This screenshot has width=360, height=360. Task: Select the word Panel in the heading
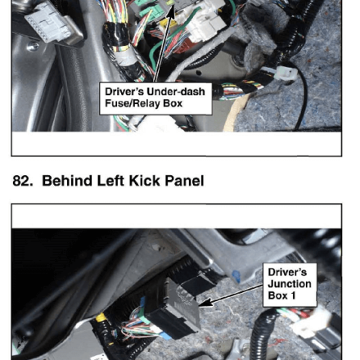click(x=184, y=181)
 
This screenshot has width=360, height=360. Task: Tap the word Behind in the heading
click(x=67, y=181)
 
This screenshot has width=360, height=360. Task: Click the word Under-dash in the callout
click(x=176, y=92)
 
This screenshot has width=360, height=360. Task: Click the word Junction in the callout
click(x=290, y=284)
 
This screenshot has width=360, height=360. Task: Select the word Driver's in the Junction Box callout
click(x=287, y=272)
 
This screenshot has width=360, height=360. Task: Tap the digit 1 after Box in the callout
click(x=293, y=295)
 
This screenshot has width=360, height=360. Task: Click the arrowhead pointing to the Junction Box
click(x=205, y=303)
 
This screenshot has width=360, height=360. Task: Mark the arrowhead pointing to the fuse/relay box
click(x=171, y=12)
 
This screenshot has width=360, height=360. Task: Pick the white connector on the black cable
click(x=286, y=74)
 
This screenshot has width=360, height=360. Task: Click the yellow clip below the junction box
click(x=101, y=317)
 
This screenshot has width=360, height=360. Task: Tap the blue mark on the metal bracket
click(x=236, y=276)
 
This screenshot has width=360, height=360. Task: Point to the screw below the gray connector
click(x=33, y=47)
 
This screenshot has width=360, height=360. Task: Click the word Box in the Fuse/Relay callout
click(x=173, y=104)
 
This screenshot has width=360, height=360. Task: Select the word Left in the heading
click(x=110, y=181)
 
